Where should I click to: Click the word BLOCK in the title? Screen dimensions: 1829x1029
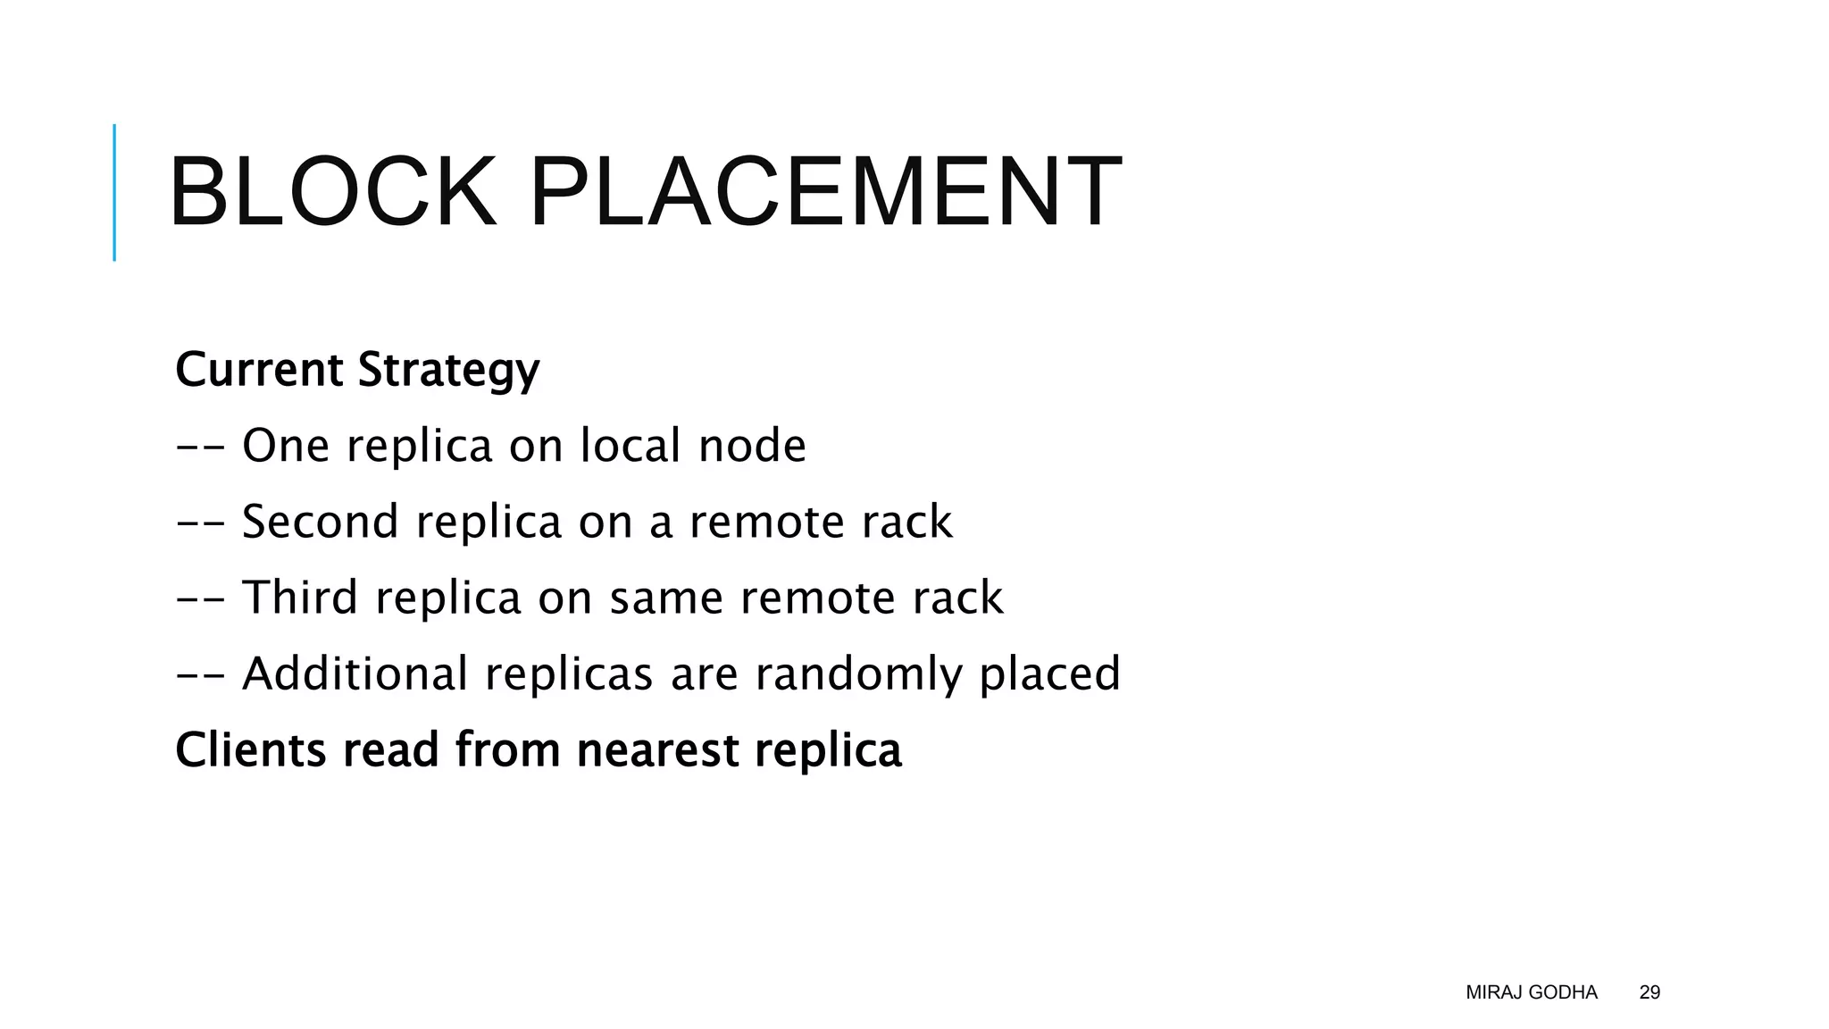(332, 192)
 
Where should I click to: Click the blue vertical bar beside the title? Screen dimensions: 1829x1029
(114, 192)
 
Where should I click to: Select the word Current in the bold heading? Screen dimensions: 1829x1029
(259, 370)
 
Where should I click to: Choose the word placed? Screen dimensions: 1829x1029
(1049, 674)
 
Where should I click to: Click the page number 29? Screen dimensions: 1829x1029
(1649, 992)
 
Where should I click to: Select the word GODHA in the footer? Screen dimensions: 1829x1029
(1563, 992)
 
